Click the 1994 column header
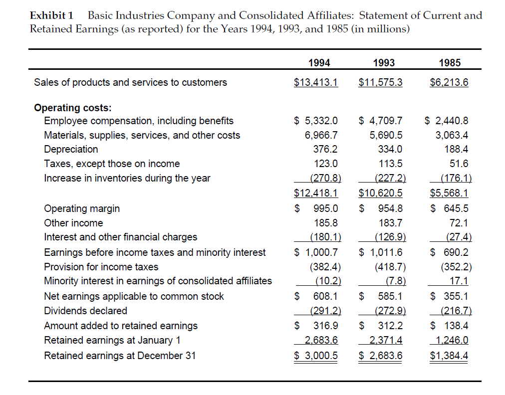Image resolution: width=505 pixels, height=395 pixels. pos(319,63)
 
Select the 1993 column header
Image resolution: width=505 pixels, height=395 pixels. pos(384,63)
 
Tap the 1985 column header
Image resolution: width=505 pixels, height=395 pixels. pos(450,63)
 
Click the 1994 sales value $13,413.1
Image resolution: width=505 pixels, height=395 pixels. pos(316,82)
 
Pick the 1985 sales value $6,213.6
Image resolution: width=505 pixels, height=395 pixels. pos(449,82)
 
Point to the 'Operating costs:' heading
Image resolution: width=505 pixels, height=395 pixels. pos(73,107)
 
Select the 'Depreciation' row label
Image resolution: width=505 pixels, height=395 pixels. pos(71,149)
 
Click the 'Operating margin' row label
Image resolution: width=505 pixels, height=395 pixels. pos(82,208)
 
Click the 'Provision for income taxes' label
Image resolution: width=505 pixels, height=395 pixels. pos(101,267)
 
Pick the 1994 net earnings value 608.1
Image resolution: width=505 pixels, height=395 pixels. pos(325,296)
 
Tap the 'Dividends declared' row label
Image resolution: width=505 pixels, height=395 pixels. pos(86,311)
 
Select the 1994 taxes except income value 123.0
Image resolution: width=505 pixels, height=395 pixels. pos(327,164)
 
